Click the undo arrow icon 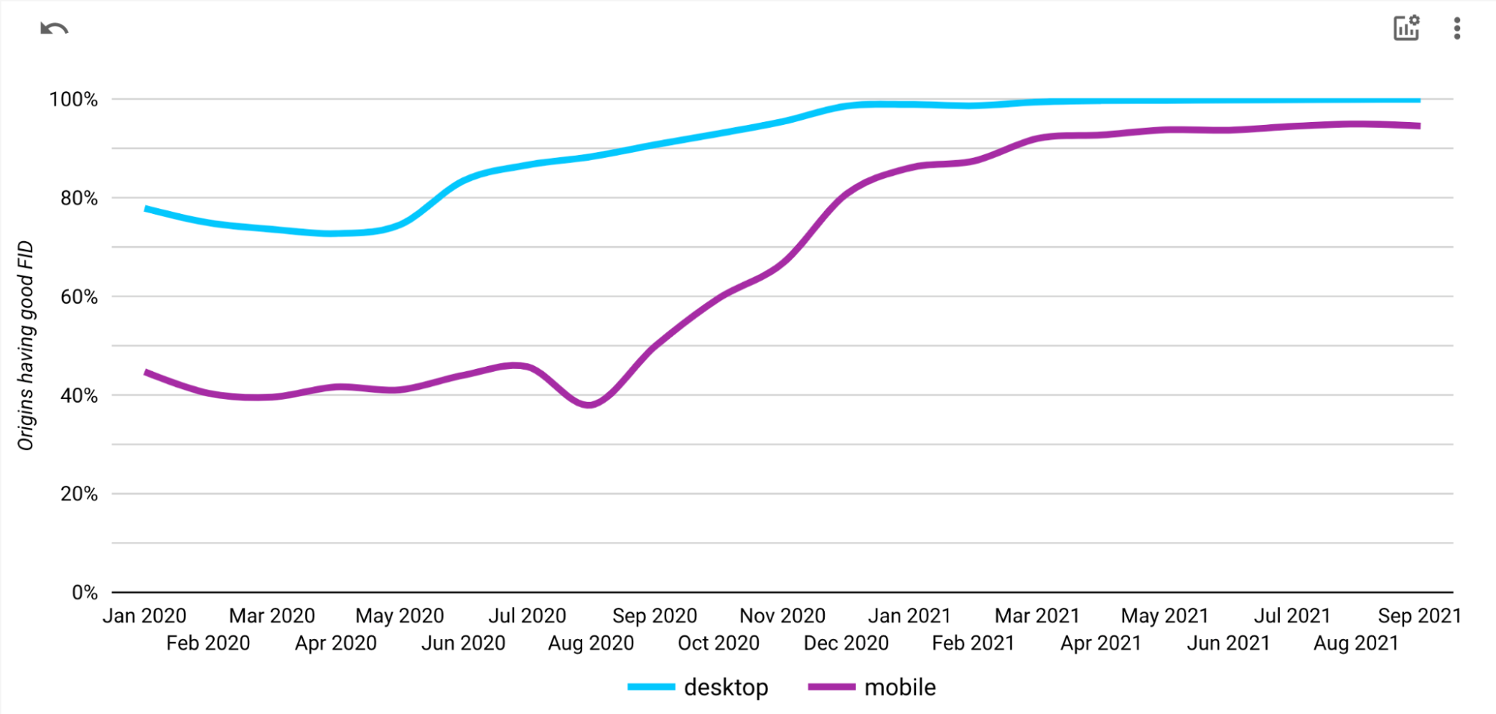(54, 29)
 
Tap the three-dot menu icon (1456, 28)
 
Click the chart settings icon (1406, 28)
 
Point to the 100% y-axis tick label (73, 100)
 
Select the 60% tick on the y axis (79, 297)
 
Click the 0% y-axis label (85, 593)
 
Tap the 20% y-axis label (79, 494)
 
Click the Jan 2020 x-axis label (144, 616)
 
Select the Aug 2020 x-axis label (590, 643)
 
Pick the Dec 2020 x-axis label (846, 643)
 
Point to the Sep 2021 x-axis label (1419, 616)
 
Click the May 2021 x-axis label (1164, 616)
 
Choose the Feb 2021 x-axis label (973, 643)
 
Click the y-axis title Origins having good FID (26, 345)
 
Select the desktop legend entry (697, 687)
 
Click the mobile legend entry (872, 687)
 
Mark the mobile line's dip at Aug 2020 (590, 405)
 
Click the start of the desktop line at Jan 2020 (147, 209)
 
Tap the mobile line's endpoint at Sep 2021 (1419, 126)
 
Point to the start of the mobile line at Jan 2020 (147, 372)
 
